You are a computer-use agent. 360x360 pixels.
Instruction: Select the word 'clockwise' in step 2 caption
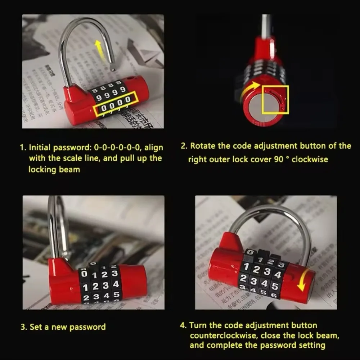[x=310, y=159]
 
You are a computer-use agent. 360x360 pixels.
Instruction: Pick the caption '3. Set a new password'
[x=63, y=327]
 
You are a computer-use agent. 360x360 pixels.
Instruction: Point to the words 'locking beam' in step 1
[x=54, y=169]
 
